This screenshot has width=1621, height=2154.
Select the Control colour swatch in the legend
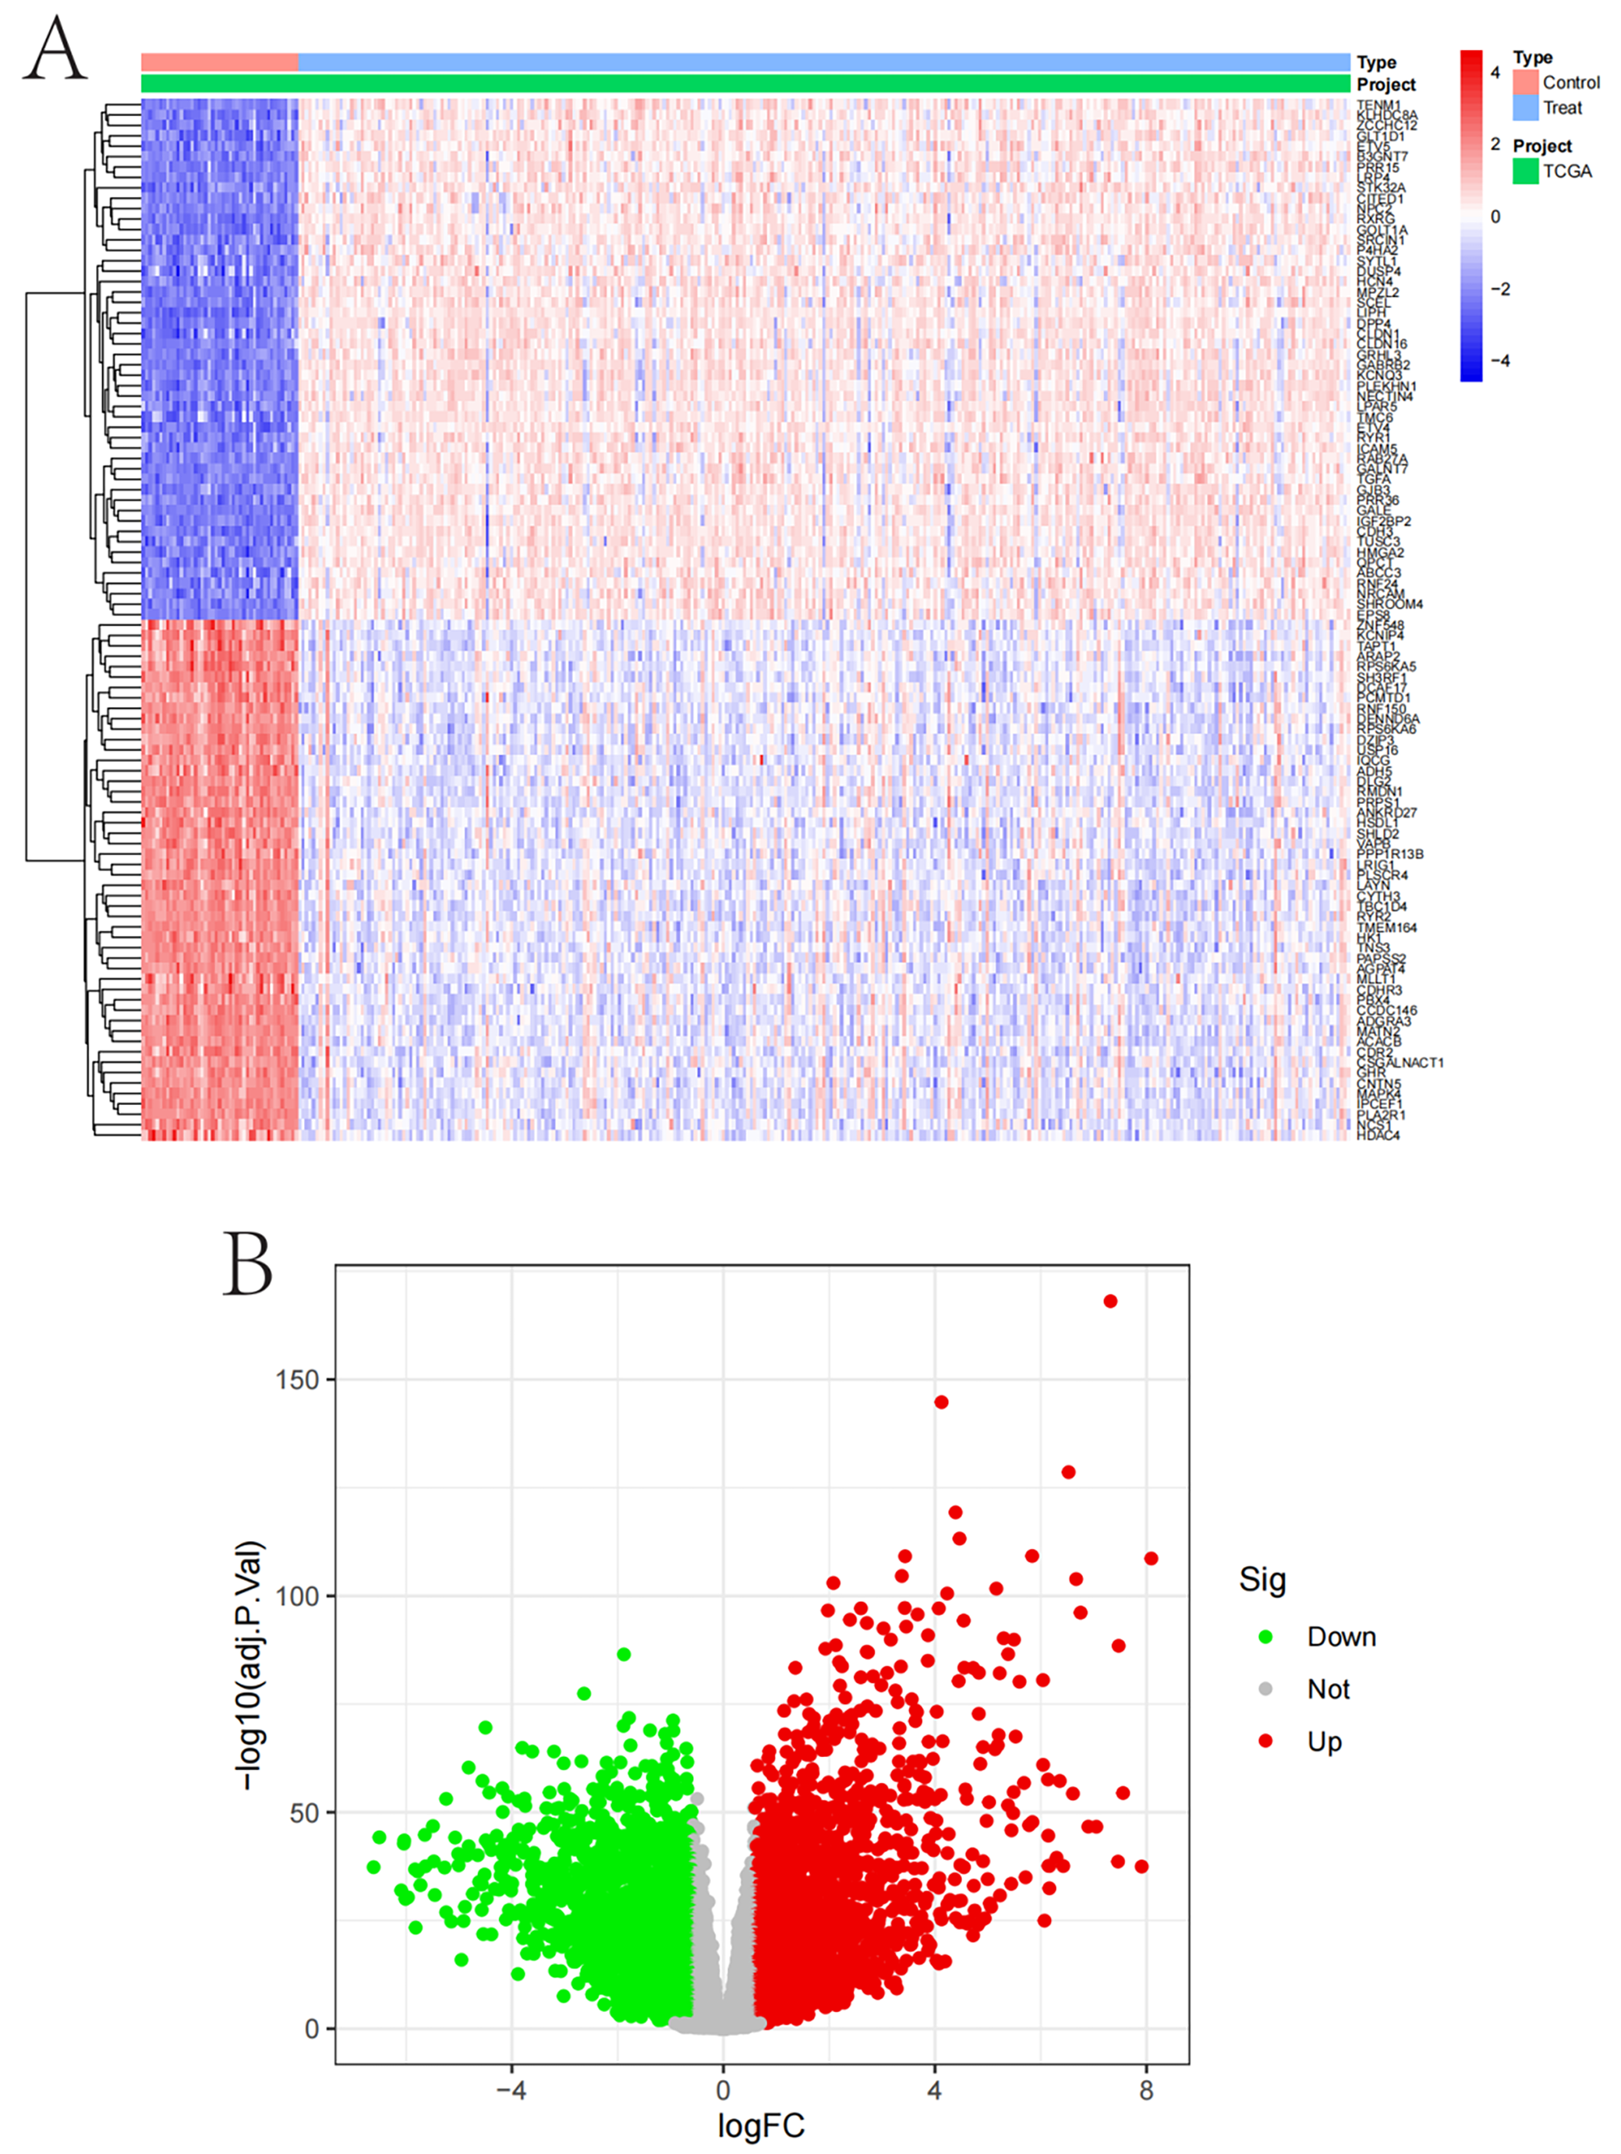pos(1524,83)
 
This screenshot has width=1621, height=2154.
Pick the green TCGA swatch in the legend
pos(1524,172)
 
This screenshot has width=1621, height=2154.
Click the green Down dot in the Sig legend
pos(1265,1637)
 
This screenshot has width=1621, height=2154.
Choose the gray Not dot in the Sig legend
pos(1265,1689)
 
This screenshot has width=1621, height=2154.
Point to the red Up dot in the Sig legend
pos(1265,1741)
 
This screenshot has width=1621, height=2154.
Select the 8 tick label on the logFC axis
pos(1146,2090)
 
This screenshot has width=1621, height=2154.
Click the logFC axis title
pos(760,2127)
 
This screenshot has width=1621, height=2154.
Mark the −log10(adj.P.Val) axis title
pos(251,1664)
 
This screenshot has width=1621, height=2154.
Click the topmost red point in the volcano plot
pos(1110,1301)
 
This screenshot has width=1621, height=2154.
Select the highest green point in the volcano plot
pos(624,1654)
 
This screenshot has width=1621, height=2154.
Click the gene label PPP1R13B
pos(1389,854)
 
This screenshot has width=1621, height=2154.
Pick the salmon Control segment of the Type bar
pos(219,62)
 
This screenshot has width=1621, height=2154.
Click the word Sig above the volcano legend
pos(1262,1578)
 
